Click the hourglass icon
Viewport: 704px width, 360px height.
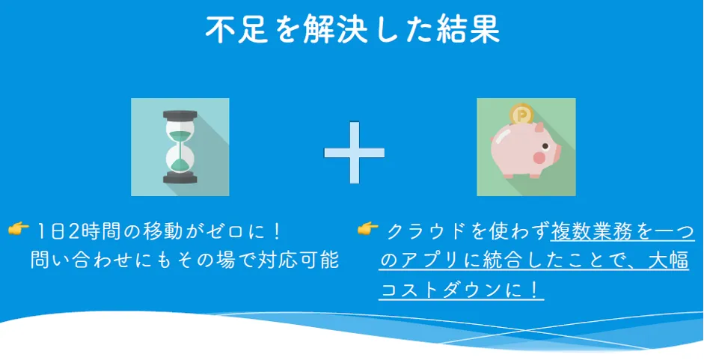pos(180,147)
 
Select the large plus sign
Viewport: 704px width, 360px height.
pos(354,152)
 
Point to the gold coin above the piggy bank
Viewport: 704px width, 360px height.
pos(521,115)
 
